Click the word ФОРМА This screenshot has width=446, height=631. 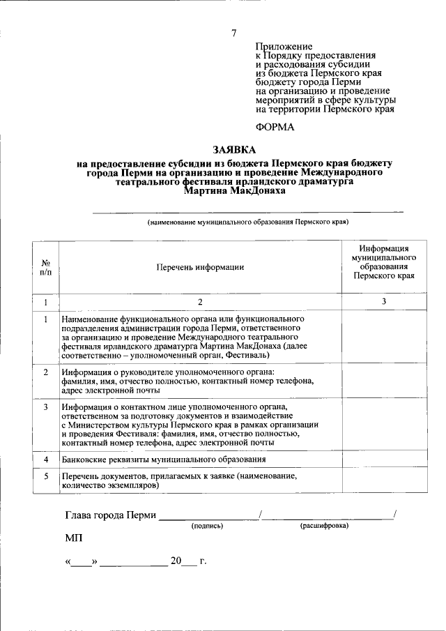[x=276, y=127]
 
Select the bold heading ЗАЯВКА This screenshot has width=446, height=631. [x=234, y=149]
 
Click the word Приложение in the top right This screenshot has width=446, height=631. [x=284, y=45]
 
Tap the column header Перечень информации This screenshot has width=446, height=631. [x=200, y=267]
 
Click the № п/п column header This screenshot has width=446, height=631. [x=45, y=267]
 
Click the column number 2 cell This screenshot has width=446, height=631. [x=200, y=302]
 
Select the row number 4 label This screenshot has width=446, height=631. [x=45, y=460]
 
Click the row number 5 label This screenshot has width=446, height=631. [x=45, y=476]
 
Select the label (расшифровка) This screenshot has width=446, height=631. [x=324, y=526]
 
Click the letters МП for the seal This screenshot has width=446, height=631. [x=73, y=540]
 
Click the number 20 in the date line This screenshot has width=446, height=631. [x=175, y=561]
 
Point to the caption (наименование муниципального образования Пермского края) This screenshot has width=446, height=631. [x=247, y=222]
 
